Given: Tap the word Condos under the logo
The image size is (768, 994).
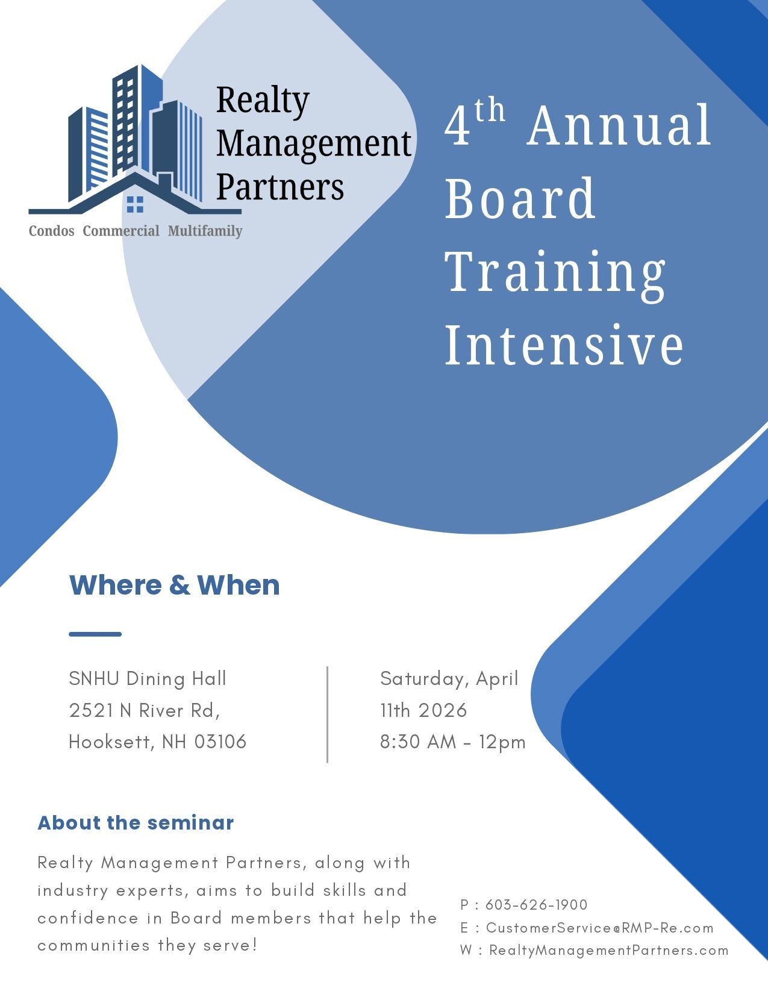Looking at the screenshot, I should coord(52,231).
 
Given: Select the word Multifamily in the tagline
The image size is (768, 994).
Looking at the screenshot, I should coord(205,231).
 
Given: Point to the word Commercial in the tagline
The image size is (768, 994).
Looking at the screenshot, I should coord(121,231).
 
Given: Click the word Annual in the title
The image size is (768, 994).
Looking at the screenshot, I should coord(619,127).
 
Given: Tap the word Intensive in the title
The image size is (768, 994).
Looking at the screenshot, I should coord(564,345).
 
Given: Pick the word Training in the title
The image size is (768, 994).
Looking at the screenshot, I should coord(555,272).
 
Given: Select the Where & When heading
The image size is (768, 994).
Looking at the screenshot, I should coord(175,586).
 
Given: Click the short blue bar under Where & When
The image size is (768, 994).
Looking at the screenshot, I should coord(95,634).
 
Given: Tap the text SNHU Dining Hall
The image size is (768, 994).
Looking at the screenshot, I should coord(148,679).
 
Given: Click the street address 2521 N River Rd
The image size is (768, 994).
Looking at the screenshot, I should coord(145,711).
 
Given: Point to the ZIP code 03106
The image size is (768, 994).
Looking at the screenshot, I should coord(220,742).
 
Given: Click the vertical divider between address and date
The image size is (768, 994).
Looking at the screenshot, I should coord(327,714).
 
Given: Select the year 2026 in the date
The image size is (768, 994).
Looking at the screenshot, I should coord(443,711).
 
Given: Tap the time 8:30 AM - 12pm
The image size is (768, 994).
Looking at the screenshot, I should coord(453,742).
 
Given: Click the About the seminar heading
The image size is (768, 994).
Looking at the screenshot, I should coord(136,823).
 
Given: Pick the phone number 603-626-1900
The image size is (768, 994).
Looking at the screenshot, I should coord(536,905).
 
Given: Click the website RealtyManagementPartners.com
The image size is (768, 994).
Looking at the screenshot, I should coord(608,951).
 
